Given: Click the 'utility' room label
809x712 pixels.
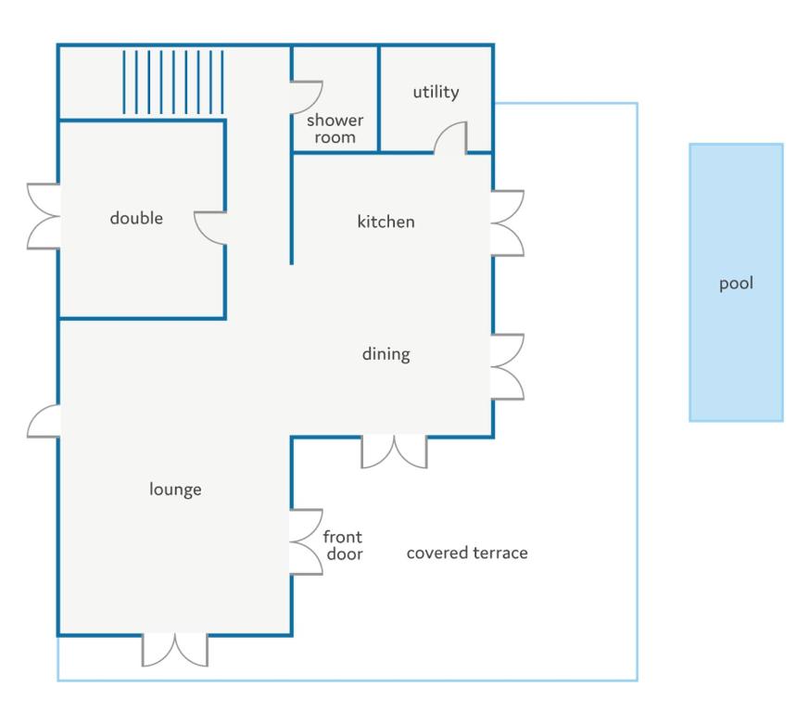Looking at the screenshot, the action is coord(436,92).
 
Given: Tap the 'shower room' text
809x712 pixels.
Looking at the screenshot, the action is coord(335,129).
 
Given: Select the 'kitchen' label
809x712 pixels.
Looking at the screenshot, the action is coord(386,222).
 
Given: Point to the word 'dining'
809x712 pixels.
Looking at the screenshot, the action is coord(386,354).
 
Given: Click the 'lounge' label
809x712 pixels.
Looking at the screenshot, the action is coord(175,489).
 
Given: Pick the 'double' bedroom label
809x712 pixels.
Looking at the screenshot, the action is coord(136,218).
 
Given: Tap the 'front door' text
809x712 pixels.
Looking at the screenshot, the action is coord(343,545).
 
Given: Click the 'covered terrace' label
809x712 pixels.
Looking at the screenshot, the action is coord(467,553).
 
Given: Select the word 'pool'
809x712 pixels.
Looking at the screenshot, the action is coord(736,284).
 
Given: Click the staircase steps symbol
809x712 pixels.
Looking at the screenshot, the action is coord(173,83).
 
